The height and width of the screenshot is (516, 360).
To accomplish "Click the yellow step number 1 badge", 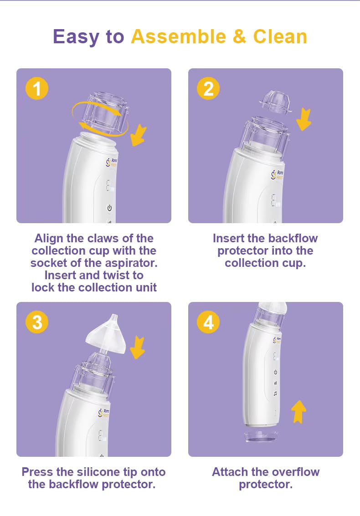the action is click(x=37, y=88).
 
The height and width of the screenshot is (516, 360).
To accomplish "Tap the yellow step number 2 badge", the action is click(x=208, y=88).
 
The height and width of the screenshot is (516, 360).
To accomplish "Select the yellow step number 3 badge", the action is click(x=37, y=322).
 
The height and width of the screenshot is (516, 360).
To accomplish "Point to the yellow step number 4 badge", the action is click(x=208, y=322).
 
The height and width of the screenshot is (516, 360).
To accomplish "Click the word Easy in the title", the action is click(x=76, y=37).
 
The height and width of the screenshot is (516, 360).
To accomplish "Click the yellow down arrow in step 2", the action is click(x=303, y=119).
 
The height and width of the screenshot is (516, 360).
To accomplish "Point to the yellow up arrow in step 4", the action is click(x=298, y=411).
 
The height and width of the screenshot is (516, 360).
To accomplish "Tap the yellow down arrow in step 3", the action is click(x=137, y=347).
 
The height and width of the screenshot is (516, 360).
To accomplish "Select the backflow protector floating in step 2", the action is click(x=275, y=102).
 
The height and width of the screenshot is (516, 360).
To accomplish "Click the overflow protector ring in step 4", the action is click(x=260, y=437).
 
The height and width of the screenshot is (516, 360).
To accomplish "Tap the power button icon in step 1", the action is click(x=109, y=208).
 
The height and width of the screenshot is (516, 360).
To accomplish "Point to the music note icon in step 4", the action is click(x=275, y=393).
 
